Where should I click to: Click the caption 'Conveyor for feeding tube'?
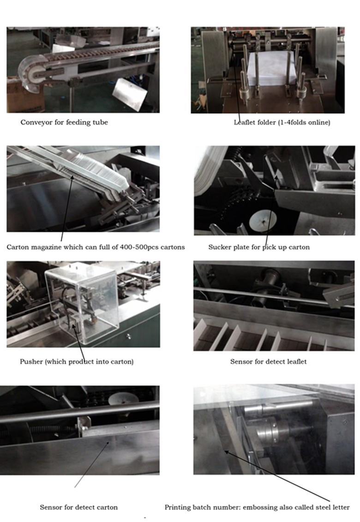[x=64, y=122]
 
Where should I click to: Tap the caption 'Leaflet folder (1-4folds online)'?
[x=282, y=122]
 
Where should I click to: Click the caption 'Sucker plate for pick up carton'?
[x=259, y=247]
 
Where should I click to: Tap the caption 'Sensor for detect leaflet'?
[x=269, y=362]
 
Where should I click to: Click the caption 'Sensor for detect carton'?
[x=78, y=507]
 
